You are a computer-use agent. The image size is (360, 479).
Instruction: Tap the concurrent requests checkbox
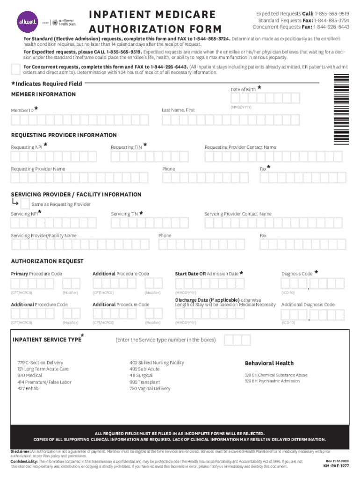point(15,69)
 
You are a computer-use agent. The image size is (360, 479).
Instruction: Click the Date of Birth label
point(243,89)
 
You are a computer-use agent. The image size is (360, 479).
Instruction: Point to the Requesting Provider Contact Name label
point(240,147)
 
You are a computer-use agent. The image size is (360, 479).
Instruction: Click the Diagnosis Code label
point(297,274)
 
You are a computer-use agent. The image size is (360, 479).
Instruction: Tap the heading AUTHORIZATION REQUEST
point(47,261)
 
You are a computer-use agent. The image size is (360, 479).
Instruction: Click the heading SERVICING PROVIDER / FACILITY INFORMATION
point(76,194)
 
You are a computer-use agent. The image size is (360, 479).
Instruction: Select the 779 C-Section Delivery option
point(40,363)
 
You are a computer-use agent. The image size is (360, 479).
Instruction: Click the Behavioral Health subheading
point(269,363)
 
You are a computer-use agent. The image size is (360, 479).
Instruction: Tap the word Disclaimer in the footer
point(20,451)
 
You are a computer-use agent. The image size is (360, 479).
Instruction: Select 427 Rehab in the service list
point(28,388)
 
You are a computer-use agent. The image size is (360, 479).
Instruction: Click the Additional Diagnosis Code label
point(308,305)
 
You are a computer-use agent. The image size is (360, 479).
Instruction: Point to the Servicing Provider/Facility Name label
point(44,236)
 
